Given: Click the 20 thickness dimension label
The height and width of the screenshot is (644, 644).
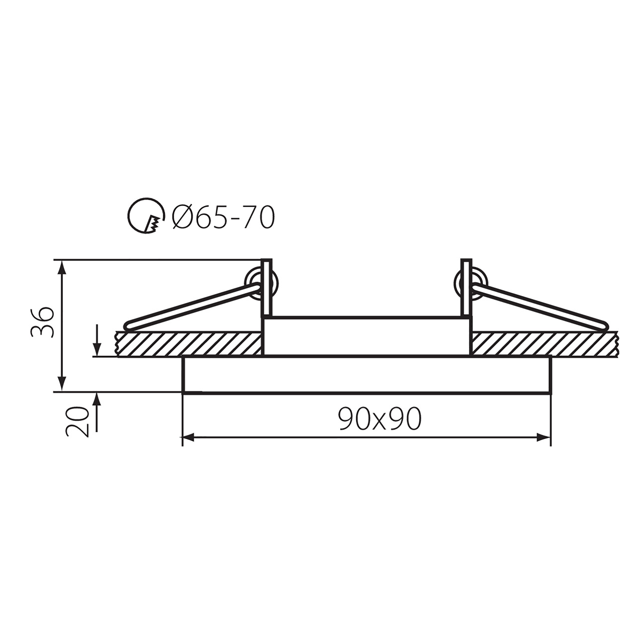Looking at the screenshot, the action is (77, 422).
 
